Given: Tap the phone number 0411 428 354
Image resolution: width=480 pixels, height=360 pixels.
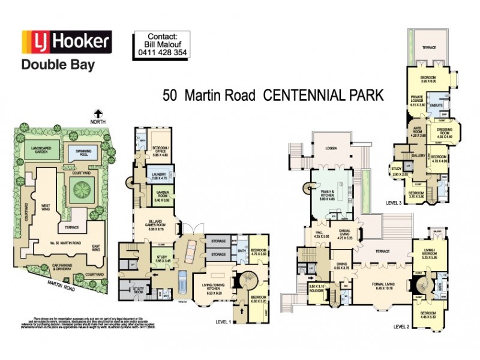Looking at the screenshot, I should (x=159, y=52).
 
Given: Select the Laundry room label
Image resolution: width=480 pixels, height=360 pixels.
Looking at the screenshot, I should (x=158, y=176).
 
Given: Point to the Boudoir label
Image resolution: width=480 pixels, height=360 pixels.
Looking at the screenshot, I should (x=316, y=288).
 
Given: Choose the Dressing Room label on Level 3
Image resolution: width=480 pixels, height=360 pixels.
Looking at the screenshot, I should (x=449, y=134).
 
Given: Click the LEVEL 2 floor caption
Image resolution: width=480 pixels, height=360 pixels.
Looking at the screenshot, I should (x=402, y=327).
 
